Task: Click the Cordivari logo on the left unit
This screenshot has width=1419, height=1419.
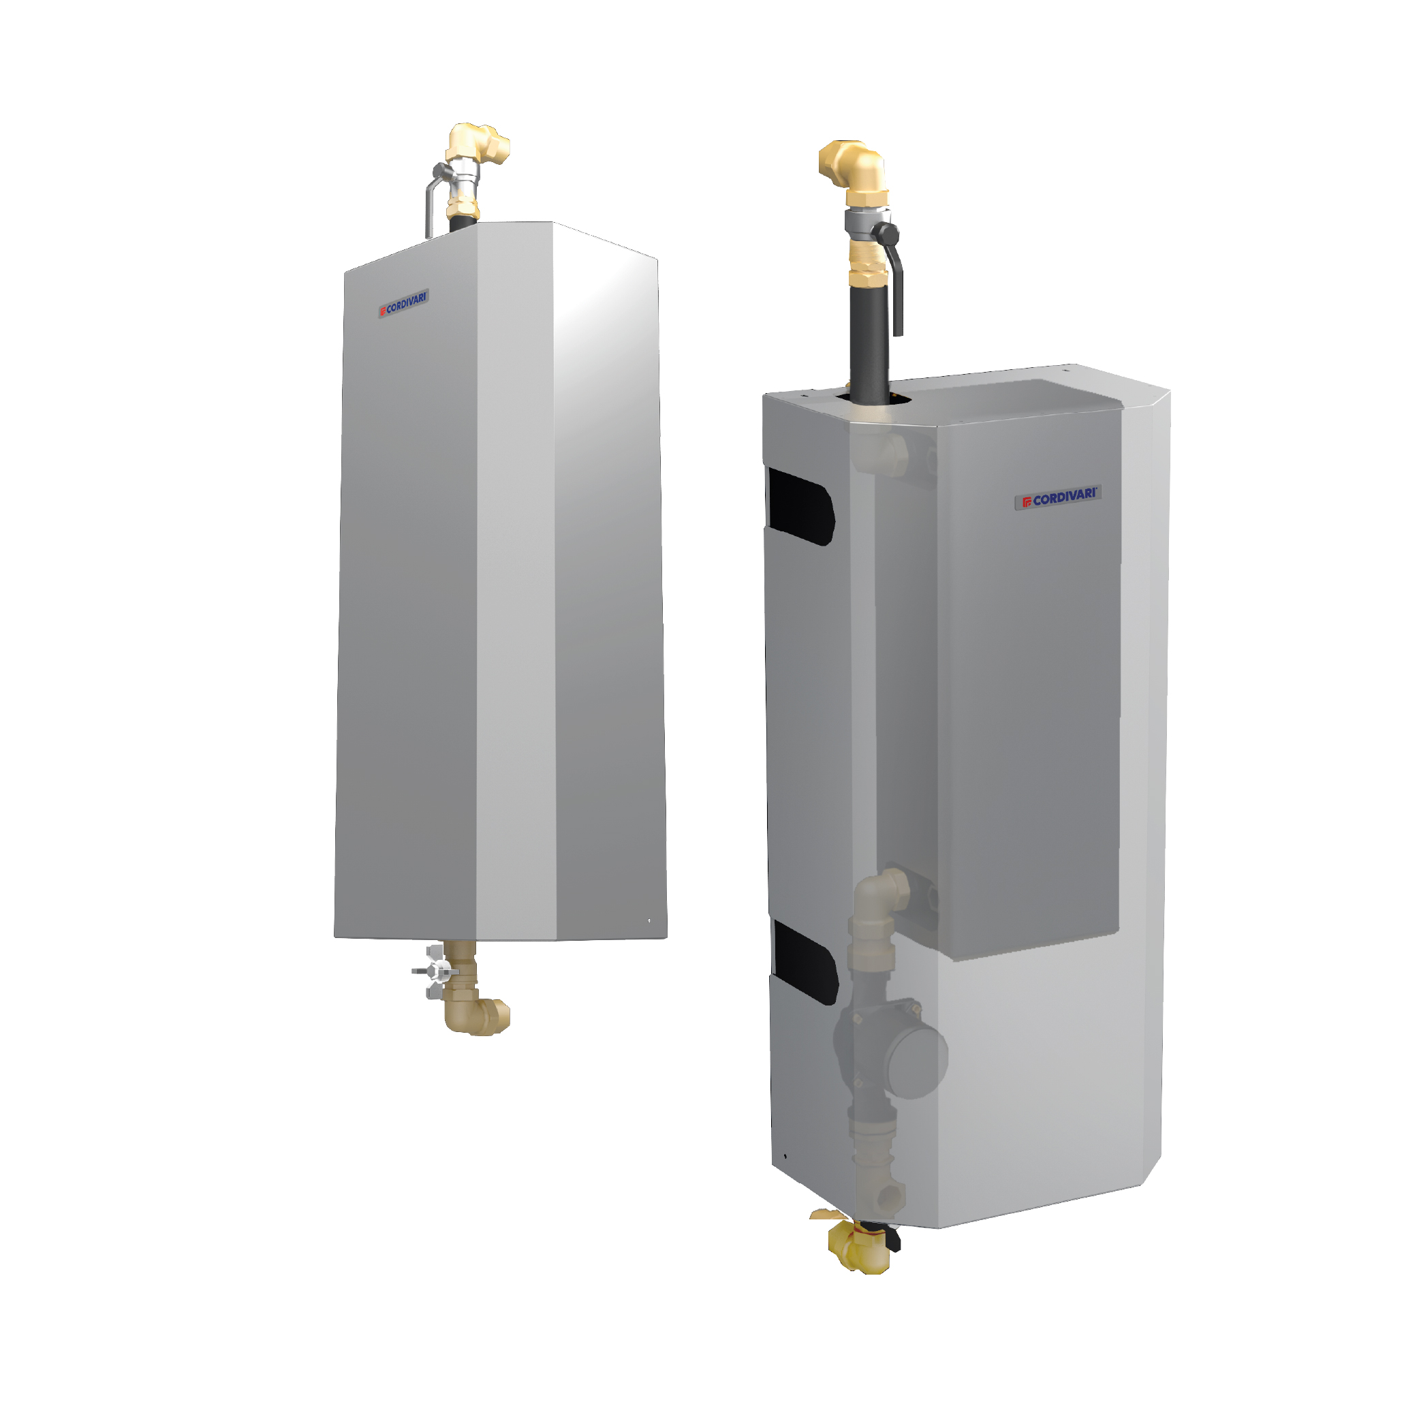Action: (x=403, y=302)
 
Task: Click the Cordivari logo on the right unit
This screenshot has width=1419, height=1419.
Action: (x=1059, y=497)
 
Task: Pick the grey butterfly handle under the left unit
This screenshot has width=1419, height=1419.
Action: (x=435, y=971)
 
